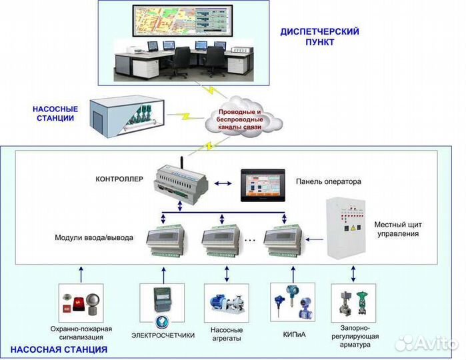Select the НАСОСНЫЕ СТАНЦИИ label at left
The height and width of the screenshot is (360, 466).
click(55, 113)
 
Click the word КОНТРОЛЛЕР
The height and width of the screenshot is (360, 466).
click(119, 179)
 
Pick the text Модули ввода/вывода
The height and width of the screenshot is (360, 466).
click(94, 237)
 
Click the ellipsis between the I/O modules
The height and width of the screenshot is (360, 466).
click(249, 238)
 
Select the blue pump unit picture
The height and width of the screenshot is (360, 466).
click(225, 304)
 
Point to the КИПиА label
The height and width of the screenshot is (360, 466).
click(291, 335)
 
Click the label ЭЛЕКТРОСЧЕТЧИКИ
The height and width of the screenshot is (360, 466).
click(163, 335)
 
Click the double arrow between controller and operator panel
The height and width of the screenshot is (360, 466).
click(226, 179)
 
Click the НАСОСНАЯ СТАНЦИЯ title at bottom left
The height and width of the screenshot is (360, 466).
click(59, 349)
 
